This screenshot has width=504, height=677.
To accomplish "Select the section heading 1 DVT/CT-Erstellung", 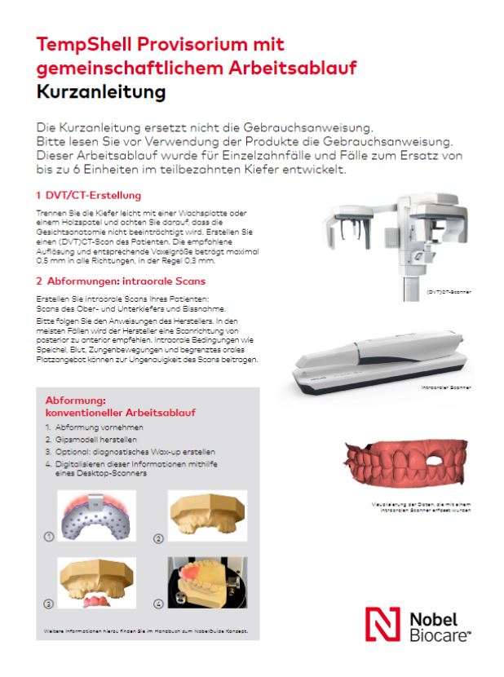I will click(x=90, y=196).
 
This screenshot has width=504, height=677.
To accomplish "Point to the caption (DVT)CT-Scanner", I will click(x=448, y=290).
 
